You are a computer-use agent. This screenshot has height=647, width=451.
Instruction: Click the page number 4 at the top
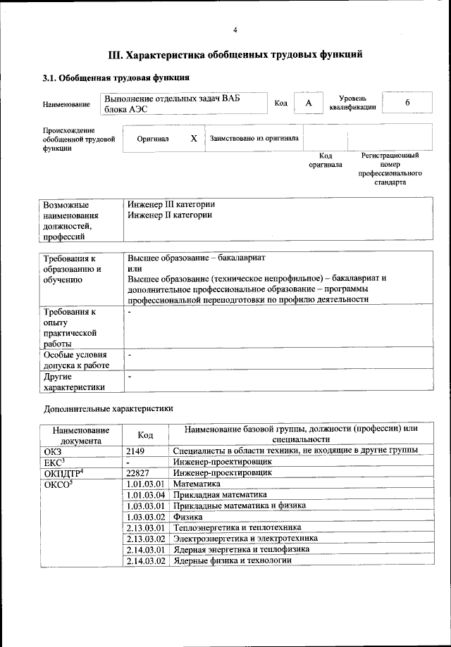[235, 30]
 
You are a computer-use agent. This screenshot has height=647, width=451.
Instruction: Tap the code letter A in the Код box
[308, 103]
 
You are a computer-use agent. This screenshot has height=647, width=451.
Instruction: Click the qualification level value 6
[407, 103]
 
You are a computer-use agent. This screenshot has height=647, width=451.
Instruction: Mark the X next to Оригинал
[193, 139]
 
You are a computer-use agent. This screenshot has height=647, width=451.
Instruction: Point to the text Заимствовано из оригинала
[254, 139]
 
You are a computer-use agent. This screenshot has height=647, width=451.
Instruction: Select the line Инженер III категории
[171, 203]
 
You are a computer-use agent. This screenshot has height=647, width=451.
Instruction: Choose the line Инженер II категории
[170, 215]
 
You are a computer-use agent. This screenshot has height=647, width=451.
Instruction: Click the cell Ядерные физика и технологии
[232, 560]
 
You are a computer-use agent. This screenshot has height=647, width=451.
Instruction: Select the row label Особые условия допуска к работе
[75, 360]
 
